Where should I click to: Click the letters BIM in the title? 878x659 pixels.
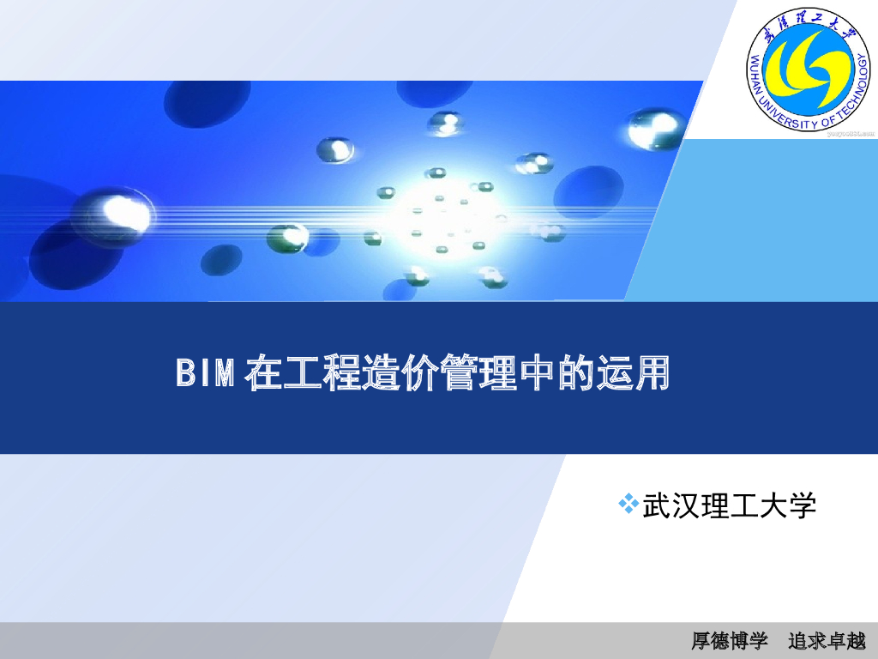click(205, 375)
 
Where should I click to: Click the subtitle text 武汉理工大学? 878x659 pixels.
click(729, 505)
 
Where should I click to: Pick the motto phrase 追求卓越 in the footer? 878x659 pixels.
click(827, 641)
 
